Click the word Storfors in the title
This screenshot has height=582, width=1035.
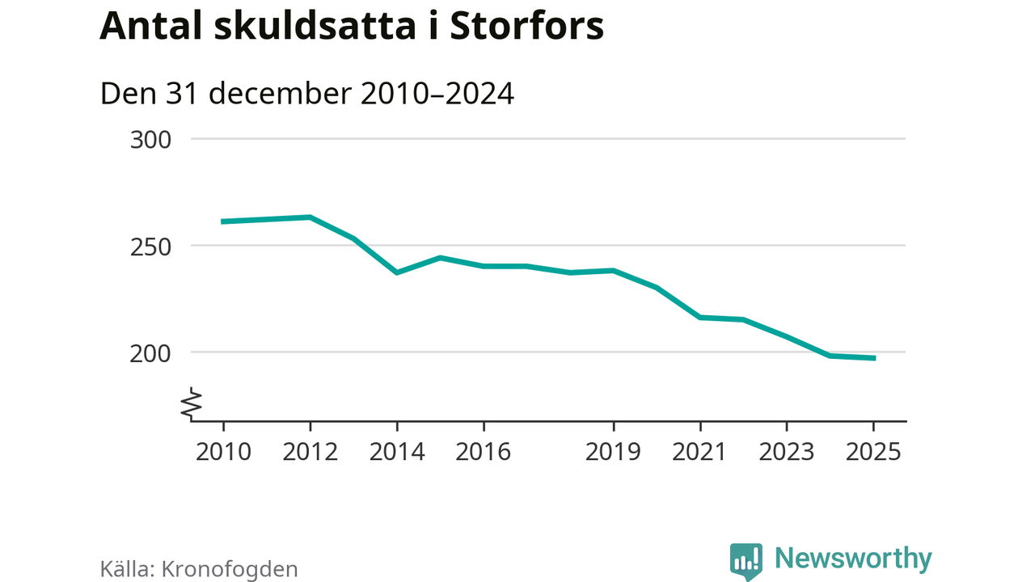click(526, 27)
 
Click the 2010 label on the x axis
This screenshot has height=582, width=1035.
click(223, 451)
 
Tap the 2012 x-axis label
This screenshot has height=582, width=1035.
click(310, 451)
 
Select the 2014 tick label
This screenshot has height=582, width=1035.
click(397, 451)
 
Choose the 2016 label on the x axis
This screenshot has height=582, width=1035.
click(484, 451)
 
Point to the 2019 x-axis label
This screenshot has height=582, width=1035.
click(614, 451)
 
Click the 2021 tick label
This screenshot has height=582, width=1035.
click(700, 451)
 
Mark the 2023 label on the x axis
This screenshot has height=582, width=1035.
click(787, 451)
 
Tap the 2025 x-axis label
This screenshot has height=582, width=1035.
click(873, 451)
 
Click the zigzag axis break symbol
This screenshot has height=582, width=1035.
click(192, 403)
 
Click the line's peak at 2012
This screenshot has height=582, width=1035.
click(310, 217)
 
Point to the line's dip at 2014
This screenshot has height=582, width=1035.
click(397, 272)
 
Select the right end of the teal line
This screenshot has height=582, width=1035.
click(873, 358)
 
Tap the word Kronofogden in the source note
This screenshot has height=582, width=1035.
click(230, 569)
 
